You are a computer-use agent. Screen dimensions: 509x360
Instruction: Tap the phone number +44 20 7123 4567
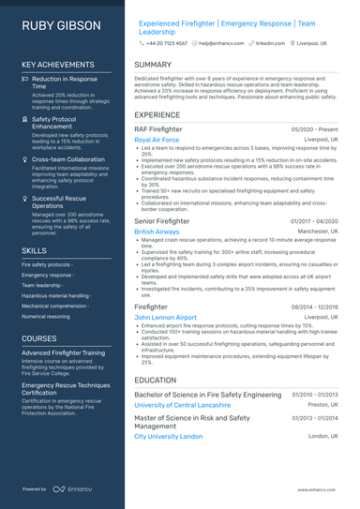pos(167,43)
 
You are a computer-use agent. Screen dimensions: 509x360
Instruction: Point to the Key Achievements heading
pos(57,65)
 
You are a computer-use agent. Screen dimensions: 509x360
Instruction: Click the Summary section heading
pos(153,65)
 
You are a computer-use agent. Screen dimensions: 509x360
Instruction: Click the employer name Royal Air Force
pos(157,140)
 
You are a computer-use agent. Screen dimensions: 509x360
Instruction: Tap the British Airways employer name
pos(157,231)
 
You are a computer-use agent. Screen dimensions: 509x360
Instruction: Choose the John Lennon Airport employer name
pos(166,318)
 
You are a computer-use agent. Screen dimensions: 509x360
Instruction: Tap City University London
pos(168,436)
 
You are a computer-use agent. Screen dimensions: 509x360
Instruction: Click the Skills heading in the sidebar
pos(34,251)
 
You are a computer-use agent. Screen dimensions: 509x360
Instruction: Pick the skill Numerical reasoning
pos(46,317)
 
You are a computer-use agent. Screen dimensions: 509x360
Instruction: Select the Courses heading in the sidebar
pos(39,338)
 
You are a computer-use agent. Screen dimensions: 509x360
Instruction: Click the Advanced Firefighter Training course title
pos(63,353)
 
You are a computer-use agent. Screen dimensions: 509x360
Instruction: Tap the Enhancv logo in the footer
pos(72,489)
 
